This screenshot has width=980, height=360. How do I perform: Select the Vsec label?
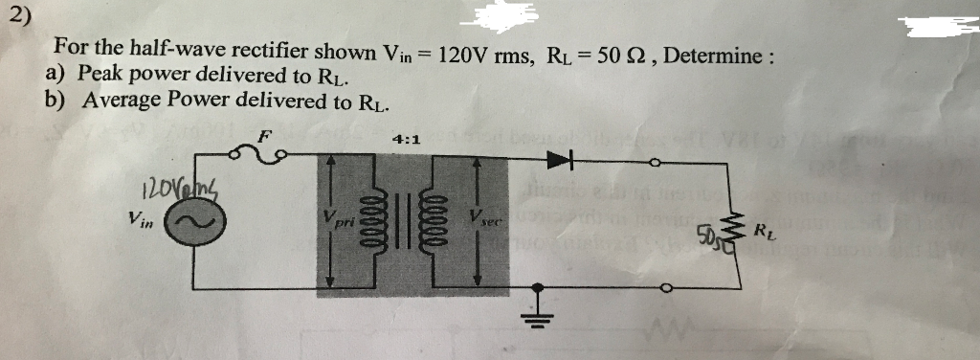[x=488, y=219]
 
